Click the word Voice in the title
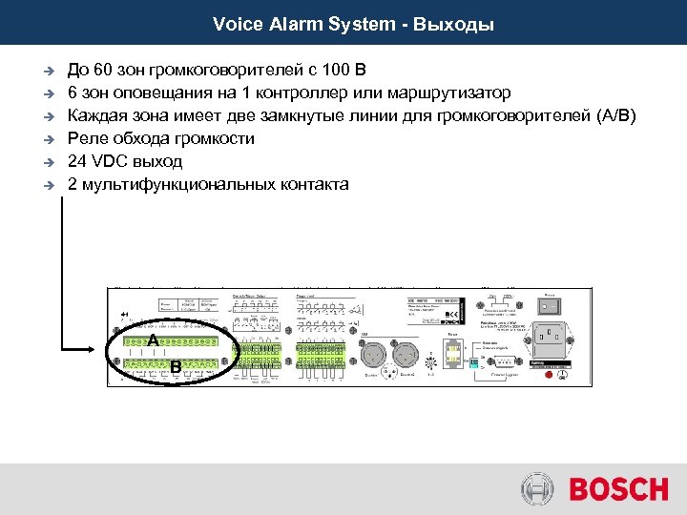pos(234,24)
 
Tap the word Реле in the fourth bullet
pos(87,139)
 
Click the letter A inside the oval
pos(152,340)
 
